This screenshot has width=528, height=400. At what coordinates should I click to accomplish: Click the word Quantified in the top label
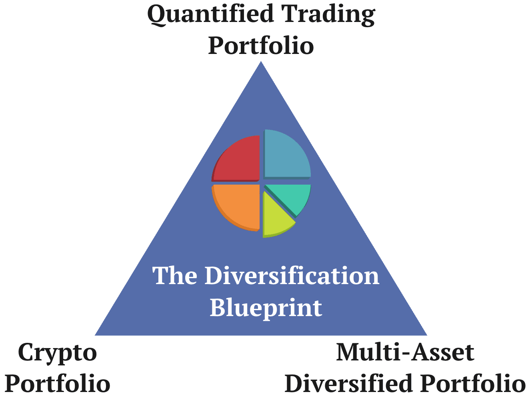click(x=211, y=14)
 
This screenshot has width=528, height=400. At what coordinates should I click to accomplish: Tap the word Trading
click(x=328, y=14)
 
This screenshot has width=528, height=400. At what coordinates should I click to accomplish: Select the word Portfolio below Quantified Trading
click(x=261, y=45)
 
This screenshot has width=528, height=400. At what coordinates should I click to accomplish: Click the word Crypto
click(x=58, y=353)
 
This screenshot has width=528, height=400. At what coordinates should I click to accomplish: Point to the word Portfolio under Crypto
click(x=58, y=384)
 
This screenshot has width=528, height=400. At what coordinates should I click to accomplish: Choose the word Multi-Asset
click(x=405, y=352)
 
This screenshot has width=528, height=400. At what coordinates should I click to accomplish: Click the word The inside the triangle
click(x=175, y=276)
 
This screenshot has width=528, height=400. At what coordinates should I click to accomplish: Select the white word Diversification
click(x=292, y=276)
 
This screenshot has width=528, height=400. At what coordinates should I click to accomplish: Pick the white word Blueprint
click(x=266, y=308)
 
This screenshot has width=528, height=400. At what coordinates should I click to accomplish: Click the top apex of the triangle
click(x=261, y=62)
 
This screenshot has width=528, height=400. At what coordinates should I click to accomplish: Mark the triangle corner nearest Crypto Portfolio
click(x=96, y=334)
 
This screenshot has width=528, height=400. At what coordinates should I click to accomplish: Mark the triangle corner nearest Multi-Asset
click(x=426, y=334)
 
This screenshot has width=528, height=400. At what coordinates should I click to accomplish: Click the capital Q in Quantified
click(x=157, y=15)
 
